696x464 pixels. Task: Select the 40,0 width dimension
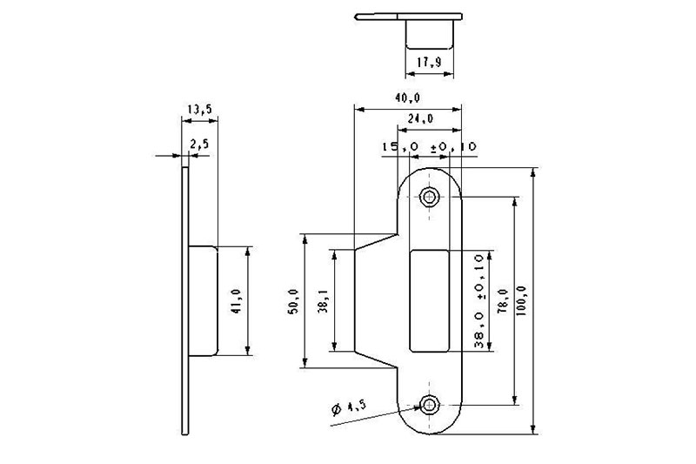pyautogui.click(x=408, y=98)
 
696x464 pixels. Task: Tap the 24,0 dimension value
pyautogui.click(x=420, y=118)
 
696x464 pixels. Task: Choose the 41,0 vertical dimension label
pyautogui.click(x=237, y=301)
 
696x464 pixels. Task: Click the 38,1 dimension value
pyautogui.click(x=324, y=301)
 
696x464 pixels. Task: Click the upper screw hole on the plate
pyautogui.click(x=429, y=196)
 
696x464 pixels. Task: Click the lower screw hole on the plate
pyautogui.click(x=429, y=403)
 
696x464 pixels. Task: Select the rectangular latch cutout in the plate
pyautogui.click(x=428, y=299)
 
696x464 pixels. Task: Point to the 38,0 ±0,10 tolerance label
pyautogui.click(x=479, y=301)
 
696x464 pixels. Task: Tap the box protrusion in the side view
pyautogui.click(x=202, y=300)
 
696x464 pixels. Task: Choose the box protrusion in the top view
pyautogui.click(x=429, y=34)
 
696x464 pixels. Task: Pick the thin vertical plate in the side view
pyautogui.click(x=184, y=300)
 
